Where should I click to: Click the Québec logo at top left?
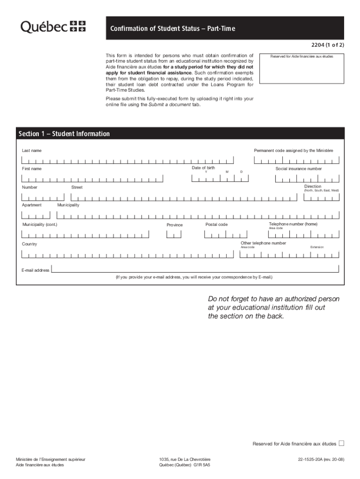(x=53, y=27)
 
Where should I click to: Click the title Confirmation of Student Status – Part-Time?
(x=173, y=29)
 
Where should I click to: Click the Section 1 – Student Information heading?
(x=64, y=134)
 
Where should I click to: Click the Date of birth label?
(x=203, y=167)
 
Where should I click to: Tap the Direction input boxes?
(x=321, y=197)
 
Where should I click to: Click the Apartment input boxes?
(x=36, y=215)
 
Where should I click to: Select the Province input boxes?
(x=174, y=234)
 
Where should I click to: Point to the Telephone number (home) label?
(x=293, y=224)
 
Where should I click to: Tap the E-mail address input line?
(x=195, y=270)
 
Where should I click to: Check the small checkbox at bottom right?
(x=341, y=443)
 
